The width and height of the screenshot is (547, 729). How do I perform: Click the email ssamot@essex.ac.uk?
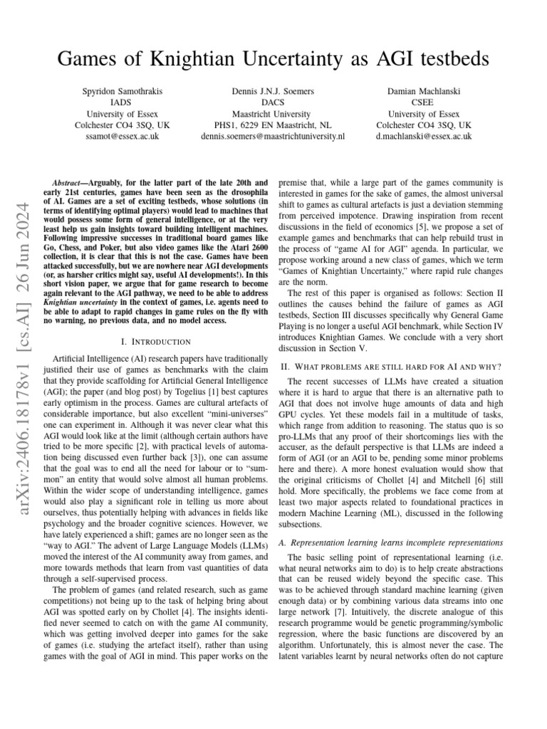(x=128, y=136)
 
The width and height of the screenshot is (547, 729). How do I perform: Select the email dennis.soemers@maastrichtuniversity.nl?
(x=273, y=136)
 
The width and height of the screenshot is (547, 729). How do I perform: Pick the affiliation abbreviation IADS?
(x=128, y=102)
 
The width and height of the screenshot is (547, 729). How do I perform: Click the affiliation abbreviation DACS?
(x=273, y=102)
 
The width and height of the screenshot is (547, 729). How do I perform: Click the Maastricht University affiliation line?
(x=273, y=113)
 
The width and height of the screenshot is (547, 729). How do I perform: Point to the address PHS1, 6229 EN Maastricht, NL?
(x=273, y=125)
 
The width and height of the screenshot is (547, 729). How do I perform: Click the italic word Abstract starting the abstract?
(x=71, y=183)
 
